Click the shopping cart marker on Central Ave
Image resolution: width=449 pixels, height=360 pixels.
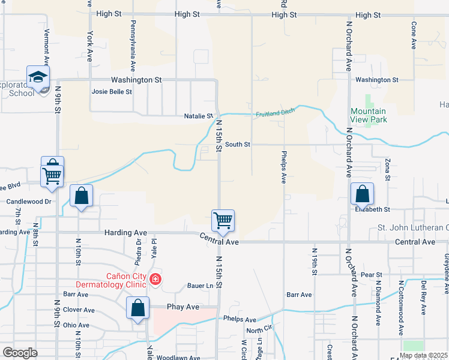pos(223,220)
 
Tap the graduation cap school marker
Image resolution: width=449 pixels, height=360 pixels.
pos(38,77)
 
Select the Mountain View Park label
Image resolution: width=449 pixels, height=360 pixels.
pos(369,115)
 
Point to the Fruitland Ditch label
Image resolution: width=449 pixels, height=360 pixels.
pos(276,113)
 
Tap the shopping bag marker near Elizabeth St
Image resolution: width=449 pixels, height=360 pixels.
pos(362,194)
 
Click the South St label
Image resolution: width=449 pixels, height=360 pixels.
pos(238,145)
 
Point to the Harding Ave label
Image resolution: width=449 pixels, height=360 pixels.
pos(125,232)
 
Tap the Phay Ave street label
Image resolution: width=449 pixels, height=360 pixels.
pos(183,307)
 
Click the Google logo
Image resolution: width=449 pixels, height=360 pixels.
pos(20,353)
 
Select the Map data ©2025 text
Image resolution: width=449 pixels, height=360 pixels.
pos(423,355)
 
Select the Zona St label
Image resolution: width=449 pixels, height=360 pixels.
pos(388,169)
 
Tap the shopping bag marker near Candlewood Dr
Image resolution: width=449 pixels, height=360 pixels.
pos(81,196)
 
